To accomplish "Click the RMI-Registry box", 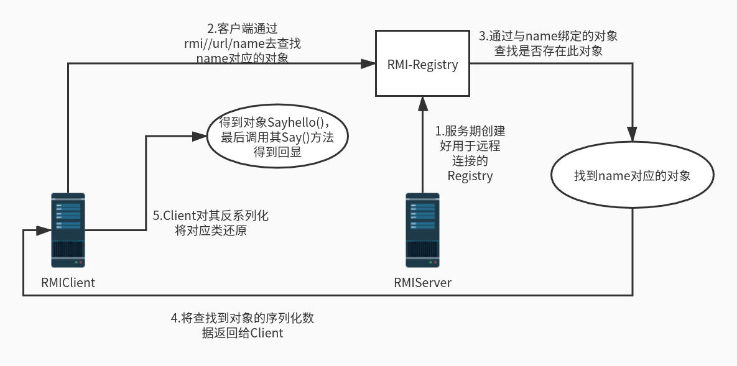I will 422,64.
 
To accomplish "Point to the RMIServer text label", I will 422,283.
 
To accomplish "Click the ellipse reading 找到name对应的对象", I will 632,176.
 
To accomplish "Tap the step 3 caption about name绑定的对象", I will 548,43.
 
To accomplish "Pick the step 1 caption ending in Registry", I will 470,153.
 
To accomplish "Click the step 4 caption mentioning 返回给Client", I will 242,325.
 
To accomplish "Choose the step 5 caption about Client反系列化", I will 211,222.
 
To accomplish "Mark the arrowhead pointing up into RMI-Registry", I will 422,103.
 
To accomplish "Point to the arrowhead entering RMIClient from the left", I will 44,231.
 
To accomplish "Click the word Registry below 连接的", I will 470,176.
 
